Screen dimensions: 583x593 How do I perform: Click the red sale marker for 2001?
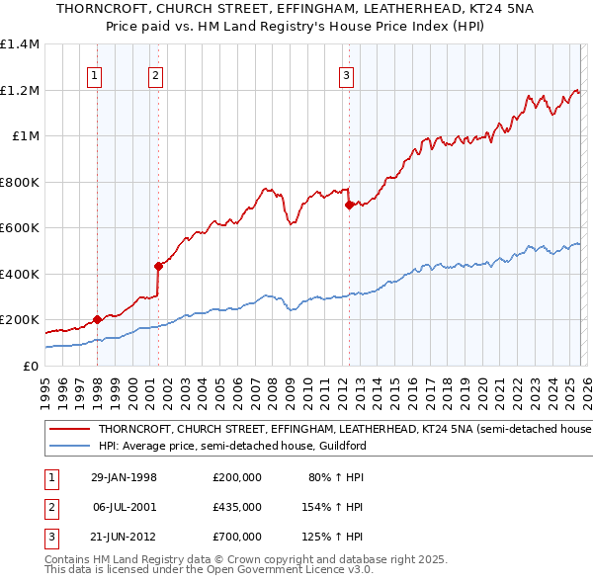click(x=157, y=266)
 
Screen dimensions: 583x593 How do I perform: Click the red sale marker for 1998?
click(x=97, y=320)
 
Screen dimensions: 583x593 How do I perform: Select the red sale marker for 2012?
click(x=348, y=206)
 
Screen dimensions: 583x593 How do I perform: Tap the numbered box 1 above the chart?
click(x=95, y=73)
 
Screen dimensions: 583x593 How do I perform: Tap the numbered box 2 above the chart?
click(x=156, y=73)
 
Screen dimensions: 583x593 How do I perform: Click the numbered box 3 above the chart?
click(x=347, y=73)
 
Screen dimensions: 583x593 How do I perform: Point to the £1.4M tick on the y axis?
click(x=20, y=44)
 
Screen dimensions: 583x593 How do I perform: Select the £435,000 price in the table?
click(x=237, y=507)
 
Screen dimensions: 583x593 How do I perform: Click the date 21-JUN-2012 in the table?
click(x=124, y=536)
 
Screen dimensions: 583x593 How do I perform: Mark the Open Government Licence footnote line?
click(x=208, y=570)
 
